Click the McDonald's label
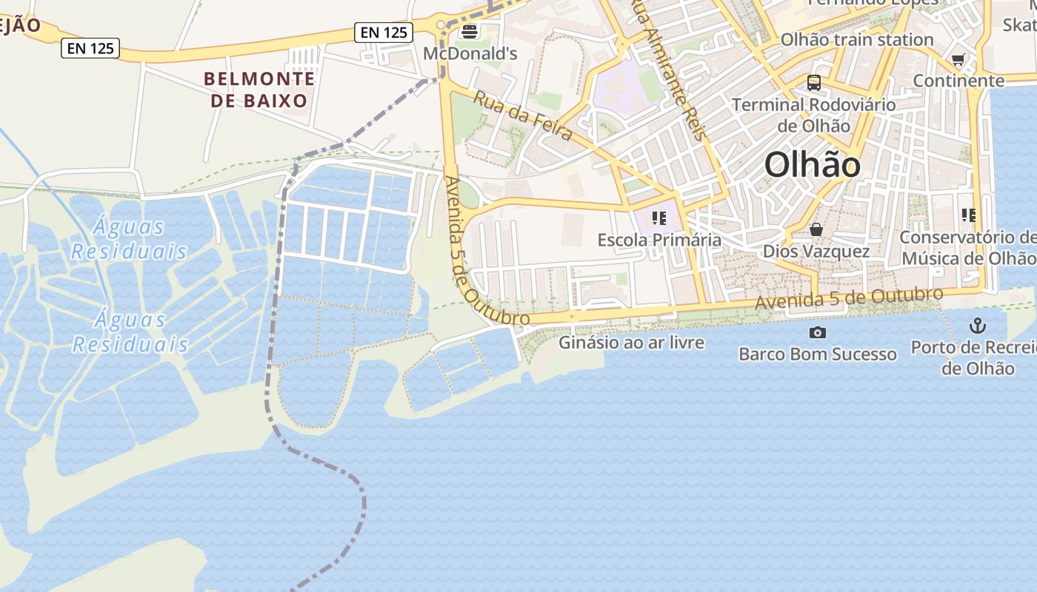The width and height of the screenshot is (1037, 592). point(470,54)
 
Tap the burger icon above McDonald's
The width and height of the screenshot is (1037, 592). point(469,32)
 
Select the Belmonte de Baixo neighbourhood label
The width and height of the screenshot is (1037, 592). point(259,90)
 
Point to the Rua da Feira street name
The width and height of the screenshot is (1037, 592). point(523,115)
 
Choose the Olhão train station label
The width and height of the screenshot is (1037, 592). point(857,40)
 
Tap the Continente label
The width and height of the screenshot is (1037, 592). point(958,81)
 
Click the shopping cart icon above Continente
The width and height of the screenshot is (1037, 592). point(958,59)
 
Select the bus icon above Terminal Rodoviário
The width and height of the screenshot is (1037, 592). point(814,83)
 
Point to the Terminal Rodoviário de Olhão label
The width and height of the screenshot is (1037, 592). point(814,115)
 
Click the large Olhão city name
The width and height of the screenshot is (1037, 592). point(813,165)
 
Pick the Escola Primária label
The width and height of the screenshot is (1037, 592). point(659,240)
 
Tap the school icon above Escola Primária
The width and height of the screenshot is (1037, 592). point(658,218)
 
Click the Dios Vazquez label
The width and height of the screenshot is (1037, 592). point(816,252)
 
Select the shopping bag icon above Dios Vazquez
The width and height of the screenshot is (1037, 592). point(816,229)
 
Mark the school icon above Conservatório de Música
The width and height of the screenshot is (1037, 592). point(969,215)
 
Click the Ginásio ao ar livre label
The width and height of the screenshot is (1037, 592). point(631,343)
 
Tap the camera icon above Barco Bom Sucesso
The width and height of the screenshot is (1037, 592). point(818,332)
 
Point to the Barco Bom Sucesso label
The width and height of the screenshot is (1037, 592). point(818,354)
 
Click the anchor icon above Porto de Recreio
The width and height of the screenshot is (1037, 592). point(978,325)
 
